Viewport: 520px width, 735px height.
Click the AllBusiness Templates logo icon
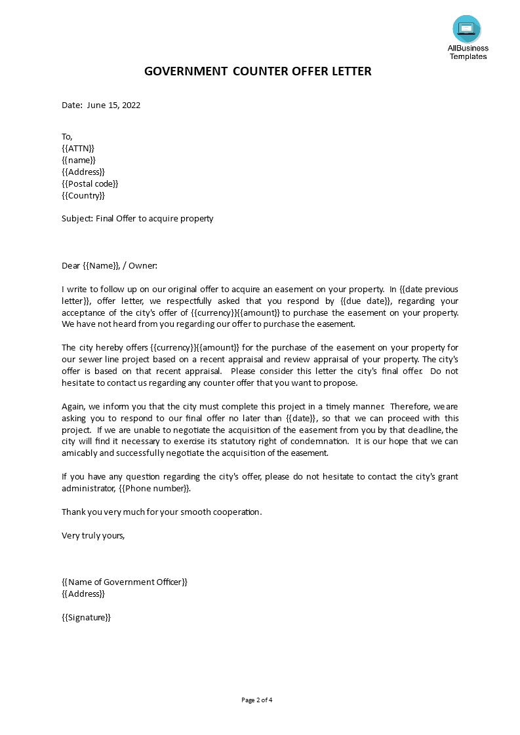point(466,29)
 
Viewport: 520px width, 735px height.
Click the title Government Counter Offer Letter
point(258,71)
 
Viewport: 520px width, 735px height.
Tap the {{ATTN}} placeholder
point(78,148)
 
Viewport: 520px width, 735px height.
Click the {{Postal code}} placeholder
point(90,183)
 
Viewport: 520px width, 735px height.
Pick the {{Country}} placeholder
point(83,195)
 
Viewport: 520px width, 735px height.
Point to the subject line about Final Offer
point(138,218)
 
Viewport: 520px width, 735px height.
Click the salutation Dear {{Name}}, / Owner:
point(110,265)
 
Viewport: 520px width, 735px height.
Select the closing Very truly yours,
point(93,535)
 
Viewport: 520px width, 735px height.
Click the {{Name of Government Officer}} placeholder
point(125,582)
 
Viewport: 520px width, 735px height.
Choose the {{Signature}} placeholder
point(86,617)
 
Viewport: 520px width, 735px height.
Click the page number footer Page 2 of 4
point(257,700)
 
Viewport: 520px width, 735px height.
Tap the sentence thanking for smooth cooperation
point(161,512)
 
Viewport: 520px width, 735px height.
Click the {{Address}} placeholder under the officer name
point(83,594)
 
